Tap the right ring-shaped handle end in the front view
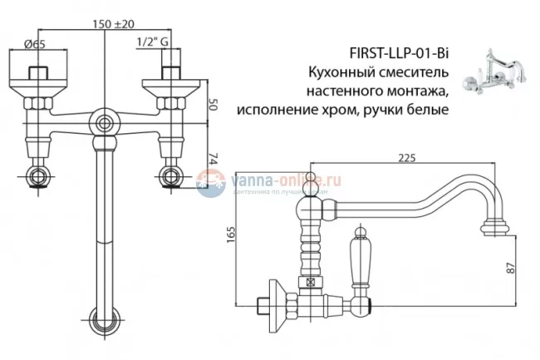tap(172, 176)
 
